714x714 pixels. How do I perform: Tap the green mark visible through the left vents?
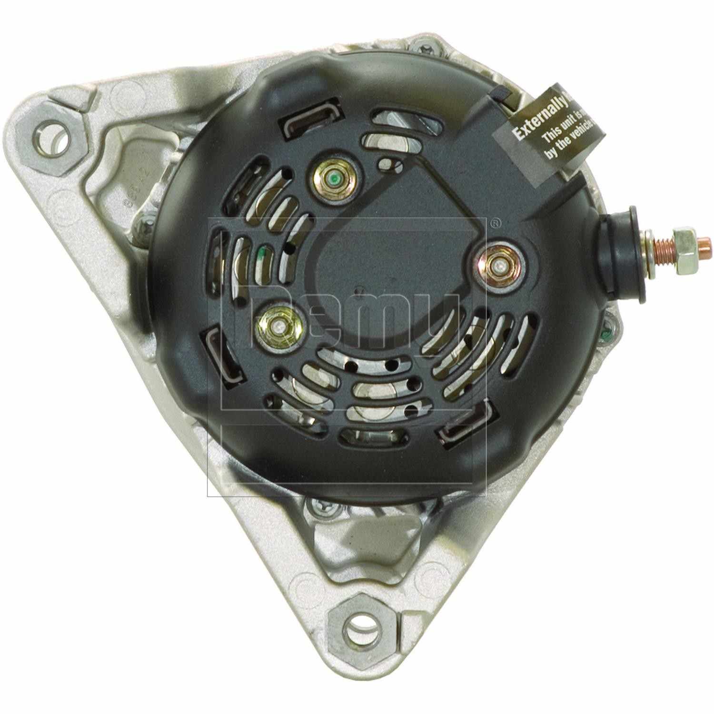pyautogui.click(x=261, y=258)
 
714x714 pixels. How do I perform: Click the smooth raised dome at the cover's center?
pyautogui.click(x=376, y=281)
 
